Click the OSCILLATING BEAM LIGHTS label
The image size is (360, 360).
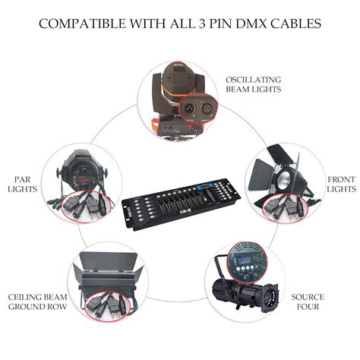click(252, 84)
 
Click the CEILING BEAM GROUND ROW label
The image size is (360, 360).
click(36, 302)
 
